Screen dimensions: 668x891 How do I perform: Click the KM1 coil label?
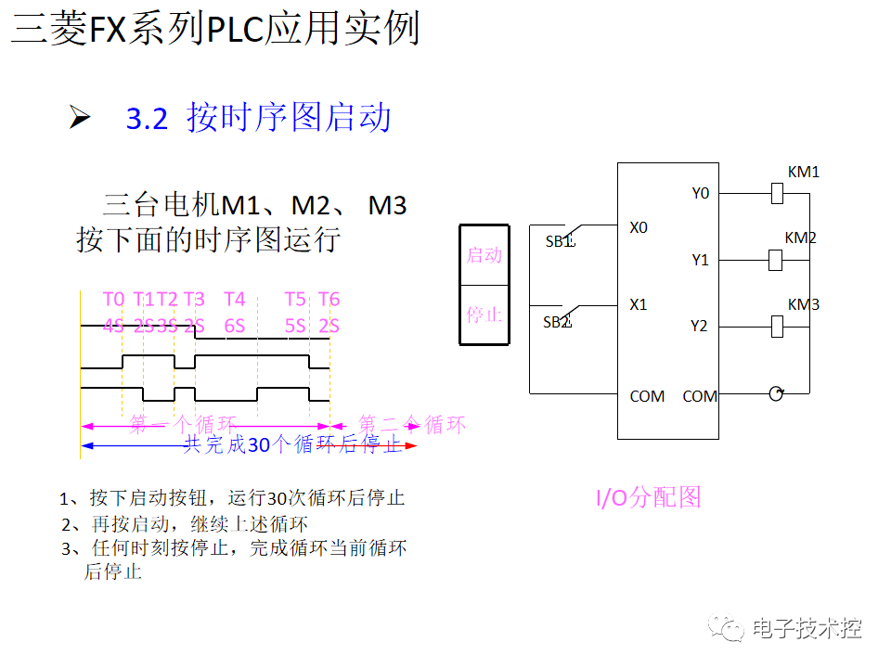pyautogui.click(x=803, y=173)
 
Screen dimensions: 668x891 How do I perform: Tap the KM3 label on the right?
pyautogui.click(x=803, y=304)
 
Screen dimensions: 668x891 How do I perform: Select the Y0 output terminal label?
pyautogui.click(x=700, y=193)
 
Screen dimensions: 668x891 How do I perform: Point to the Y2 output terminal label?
pyautogui.click(x=699, y=326)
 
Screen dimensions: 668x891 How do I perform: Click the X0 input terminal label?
pyautogui.click(x=639, y=227)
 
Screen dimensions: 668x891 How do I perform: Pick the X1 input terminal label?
pyautogui.click(x=639, y=304)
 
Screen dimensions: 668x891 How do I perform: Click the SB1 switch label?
pyautogui.click(x=560, y=242)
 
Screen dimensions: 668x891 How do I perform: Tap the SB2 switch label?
pyautogui.click(x=556, y=322)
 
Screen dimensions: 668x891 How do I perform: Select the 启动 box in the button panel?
pyautogui.click(x=484, y=254)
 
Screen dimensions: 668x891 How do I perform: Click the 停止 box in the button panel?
pyautogui.click(x=484, y=315)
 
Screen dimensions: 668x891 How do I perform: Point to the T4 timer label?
pyautogui.click(x=235, y=299)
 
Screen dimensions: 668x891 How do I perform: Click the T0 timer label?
pyautogui.click(x=113, y=299)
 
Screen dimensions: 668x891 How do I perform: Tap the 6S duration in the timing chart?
pyautogui.click(x=235, y=326)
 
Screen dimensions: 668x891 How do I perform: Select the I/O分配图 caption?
pyautogui.click(x=648, y=497)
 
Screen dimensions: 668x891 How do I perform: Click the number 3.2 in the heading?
pyautogui.click(x=147, y=120)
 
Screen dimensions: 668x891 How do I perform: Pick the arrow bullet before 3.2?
pyautogui.click(x=80, y=118)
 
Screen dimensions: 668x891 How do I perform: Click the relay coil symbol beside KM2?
pyautogui.click(x=776, y=260)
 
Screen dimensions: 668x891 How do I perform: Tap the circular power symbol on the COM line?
pyautogui.click(x=775, y=393)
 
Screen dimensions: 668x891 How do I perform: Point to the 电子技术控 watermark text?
pyautogui.click(x=807, y=628)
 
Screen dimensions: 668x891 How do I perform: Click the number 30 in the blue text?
pyautogui.click(x=258, y=445)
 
